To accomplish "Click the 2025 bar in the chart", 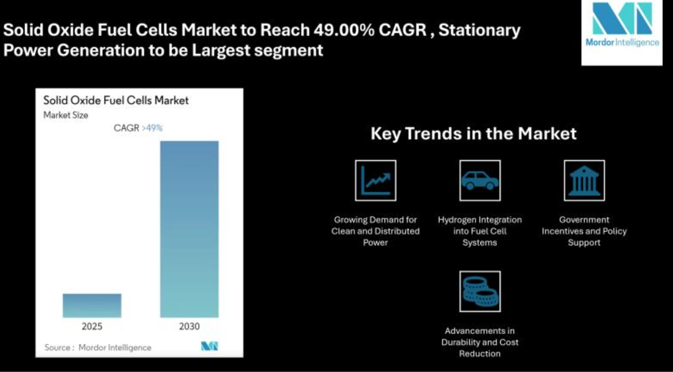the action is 92,306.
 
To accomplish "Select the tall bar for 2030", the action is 189,229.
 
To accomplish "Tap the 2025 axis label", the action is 92,327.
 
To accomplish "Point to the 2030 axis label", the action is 189,327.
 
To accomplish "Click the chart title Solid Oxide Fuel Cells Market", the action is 116,101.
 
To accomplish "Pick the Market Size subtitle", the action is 66,115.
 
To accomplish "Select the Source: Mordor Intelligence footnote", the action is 98,347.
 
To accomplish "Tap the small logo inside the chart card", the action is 210,346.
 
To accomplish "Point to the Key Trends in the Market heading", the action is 474,134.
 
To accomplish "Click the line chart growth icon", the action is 376,180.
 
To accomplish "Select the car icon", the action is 480,180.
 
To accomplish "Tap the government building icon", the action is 584,180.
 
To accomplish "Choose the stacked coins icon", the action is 480,291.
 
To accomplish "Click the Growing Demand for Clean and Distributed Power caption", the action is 376,231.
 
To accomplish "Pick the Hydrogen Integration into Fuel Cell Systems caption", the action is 480,231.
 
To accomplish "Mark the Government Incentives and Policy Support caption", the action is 584,231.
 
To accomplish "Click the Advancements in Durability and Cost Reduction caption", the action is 480,343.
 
